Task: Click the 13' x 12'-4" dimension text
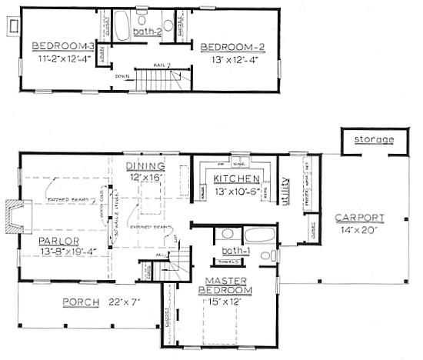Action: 231,58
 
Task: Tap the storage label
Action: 374,139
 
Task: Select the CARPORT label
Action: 359,218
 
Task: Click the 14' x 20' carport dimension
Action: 360,228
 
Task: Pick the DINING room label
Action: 147,166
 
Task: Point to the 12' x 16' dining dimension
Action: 147,178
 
